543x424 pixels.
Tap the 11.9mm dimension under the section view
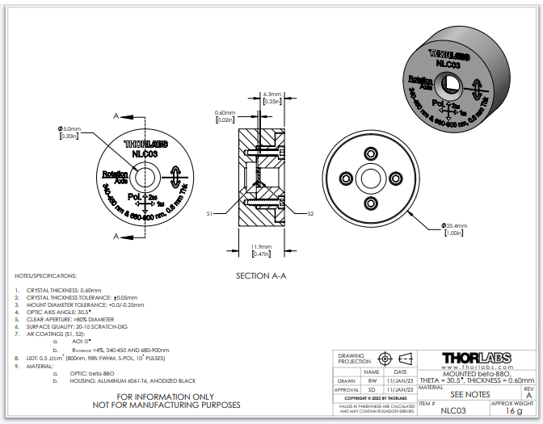260,246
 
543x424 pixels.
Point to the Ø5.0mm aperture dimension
69,129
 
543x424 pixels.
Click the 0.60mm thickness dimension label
225,112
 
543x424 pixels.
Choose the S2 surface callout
310,213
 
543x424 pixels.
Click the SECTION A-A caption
261,275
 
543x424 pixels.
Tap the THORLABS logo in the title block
478,357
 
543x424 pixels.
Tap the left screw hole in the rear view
347,178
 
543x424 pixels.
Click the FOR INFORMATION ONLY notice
166,397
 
